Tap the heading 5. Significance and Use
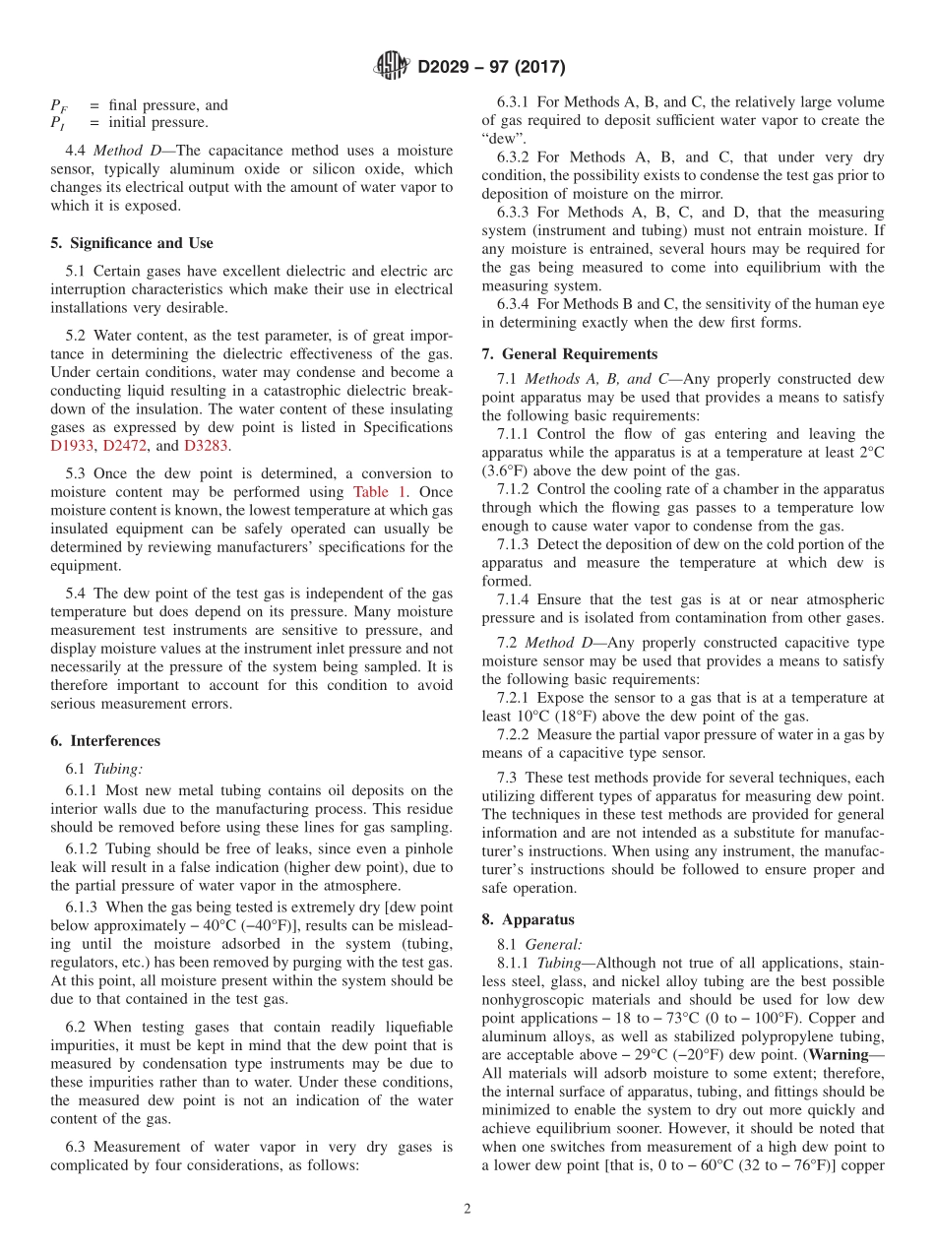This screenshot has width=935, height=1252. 132,243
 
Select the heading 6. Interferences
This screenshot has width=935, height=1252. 105,741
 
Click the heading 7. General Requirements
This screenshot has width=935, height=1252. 570,354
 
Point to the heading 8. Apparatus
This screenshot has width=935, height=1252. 528,920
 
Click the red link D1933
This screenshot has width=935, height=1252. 71,446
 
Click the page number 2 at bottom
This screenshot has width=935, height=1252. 467,1210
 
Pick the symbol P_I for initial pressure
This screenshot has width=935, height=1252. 58,123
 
